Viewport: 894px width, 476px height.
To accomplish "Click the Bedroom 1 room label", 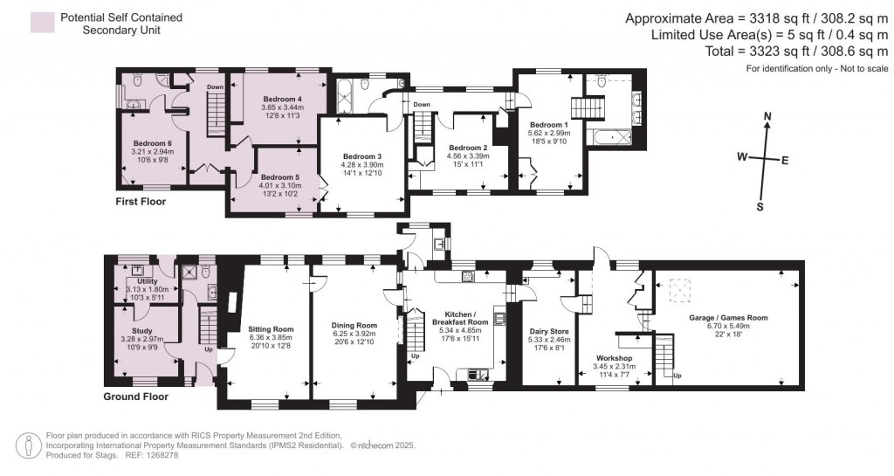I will (x=548, y=125).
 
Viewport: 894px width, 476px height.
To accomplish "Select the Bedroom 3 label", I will (x=361, y=156).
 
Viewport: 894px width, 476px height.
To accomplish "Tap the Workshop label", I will (x=614, y=358).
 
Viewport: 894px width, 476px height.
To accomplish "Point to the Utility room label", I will (x=146, y=281).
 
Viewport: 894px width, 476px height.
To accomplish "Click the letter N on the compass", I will (x=767, y=116).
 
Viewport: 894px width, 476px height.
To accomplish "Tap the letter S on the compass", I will (x=759, y=207).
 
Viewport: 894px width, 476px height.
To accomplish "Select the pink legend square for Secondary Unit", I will (x=41, y=23).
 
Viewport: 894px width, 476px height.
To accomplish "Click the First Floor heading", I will (x=141, y=202).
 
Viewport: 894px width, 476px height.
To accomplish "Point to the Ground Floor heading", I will (x=135, y=396).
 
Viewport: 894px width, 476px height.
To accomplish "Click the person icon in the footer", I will (x=30, y=445).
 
